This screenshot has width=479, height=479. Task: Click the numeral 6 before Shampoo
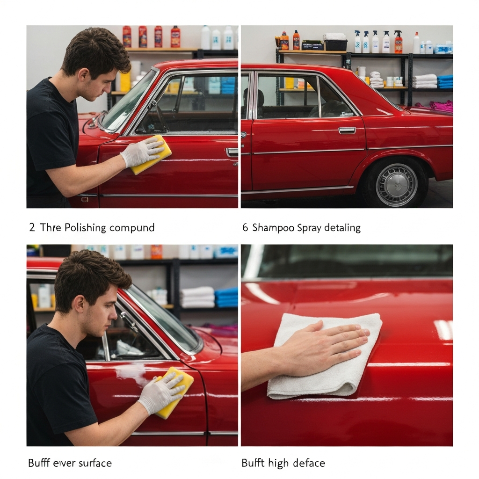coord(245,228)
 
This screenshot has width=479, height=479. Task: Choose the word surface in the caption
coord(95,463)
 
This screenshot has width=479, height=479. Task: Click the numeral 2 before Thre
coord(32,228)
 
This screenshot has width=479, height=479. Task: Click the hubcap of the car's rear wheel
coord(396,185)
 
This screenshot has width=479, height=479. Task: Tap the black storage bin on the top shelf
coord(336,45)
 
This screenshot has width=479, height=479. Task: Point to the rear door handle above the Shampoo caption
coord(347,131)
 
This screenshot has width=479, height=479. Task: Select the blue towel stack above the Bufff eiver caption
coord(226,297)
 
